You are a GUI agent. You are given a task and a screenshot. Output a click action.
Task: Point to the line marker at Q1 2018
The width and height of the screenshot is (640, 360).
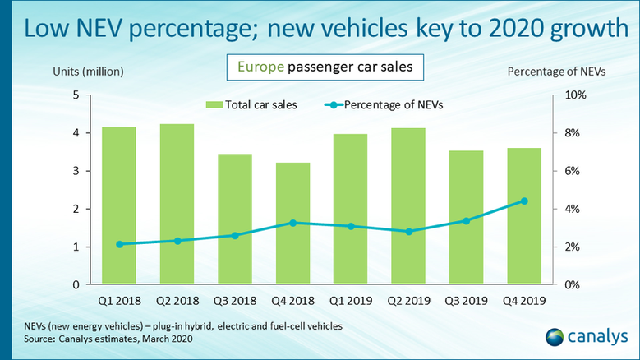tap(120, 244)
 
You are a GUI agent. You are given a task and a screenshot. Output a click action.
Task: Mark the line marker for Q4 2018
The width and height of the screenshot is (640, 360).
tap(292, 223)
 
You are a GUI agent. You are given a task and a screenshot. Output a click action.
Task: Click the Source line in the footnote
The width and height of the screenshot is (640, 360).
tap(95, 338)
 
